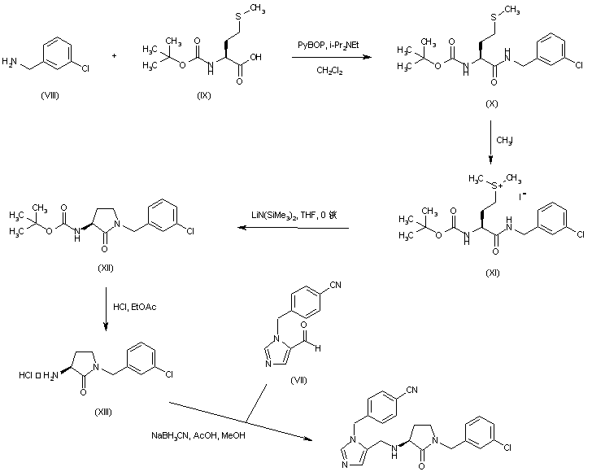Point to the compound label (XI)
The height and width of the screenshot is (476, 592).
point(490,273)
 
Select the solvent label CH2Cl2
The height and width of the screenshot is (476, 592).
point(329,71)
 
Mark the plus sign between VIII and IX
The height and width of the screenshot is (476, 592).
point(113,56)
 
